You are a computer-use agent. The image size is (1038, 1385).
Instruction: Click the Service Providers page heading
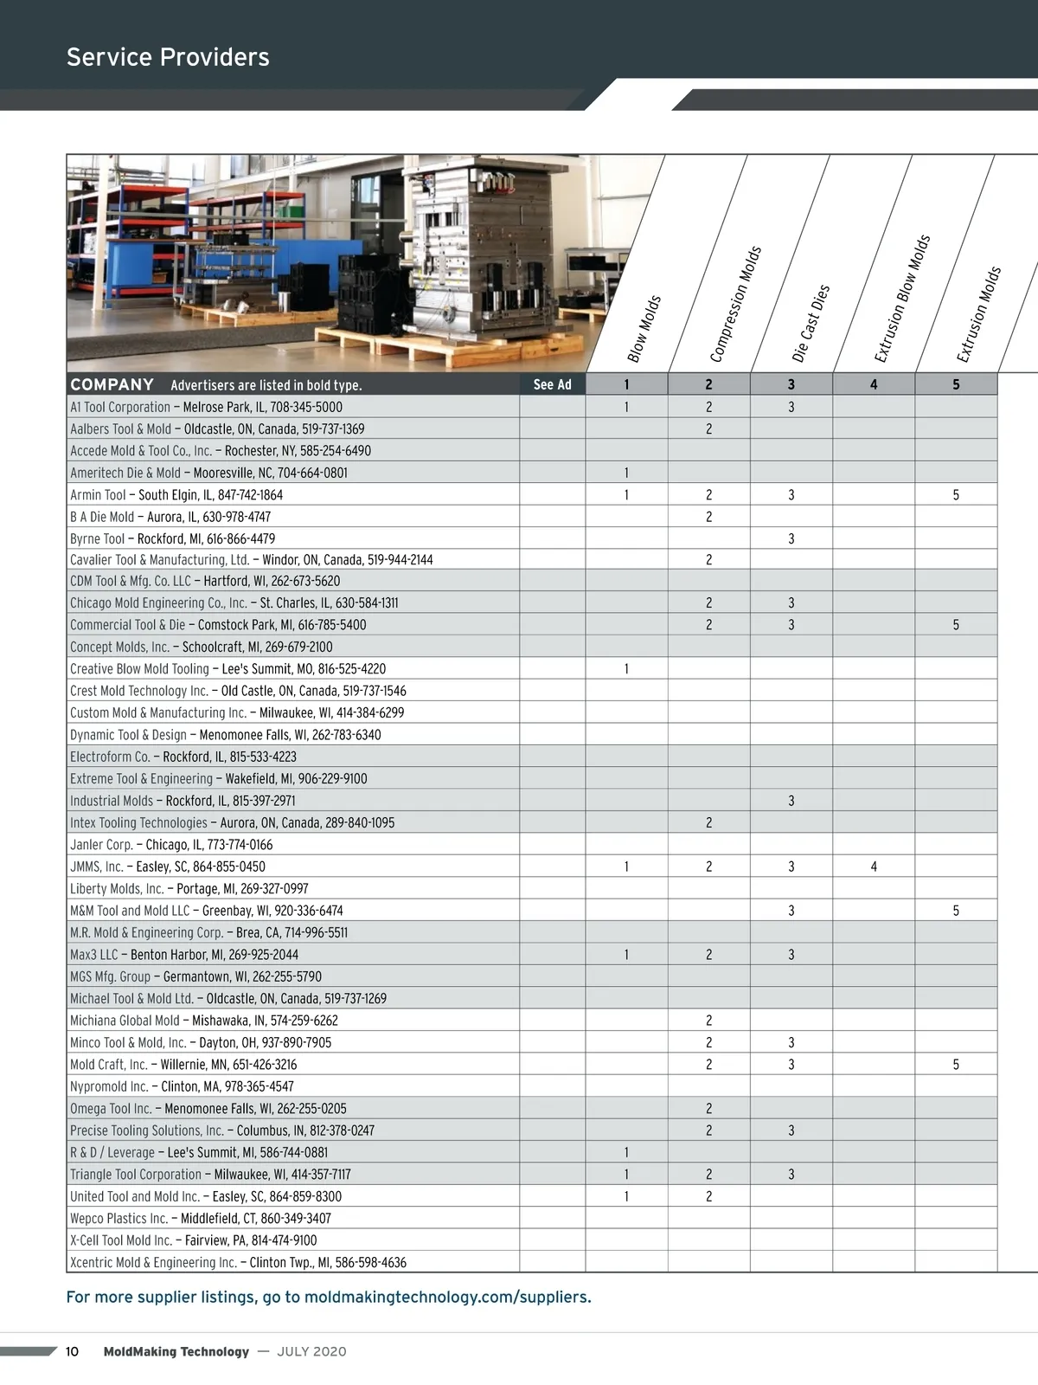pos(168,57)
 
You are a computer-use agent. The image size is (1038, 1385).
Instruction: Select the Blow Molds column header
pos(644,329)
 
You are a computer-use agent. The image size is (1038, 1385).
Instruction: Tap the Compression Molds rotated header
pos(735,305)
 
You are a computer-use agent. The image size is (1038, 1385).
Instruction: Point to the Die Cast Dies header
pos(811,323)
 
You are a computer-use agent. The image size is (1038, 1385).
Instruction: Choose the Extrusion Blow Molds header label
pos(902,298)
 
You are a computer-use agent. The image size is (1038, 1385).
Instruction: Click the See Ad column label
pos(552,384)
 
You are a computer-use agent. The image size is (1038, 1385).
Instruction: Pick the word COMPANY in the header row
pos(112,384)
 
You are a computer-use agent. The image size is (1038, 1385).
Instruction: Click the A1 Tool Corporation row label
pos(120,407)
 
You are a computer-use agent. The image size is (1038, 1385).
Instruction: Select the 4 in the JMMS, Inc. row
pos(874,866)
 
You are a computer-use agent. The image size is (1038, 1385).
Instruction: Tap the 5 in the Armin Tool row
pos(956,495)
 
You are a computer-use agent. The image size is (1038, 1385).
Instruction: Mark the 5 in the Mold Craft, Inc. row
pos(956,1065)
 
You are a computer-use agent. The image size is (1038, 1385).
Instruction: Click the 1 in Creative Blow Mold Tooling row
pos(626,669)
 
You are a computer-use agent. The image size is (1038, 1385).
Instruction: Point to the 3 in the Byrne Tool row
pos(791,538)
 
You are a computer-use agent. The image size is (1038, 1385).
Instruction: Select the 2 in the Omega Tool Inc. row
pos(708,1109)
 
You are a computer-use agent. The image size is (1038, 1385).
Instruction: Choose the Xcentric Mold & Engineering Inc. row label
pos(153,1262)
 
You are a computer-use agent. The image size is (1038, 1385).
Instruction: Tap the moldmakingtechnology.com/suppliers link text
pos(448,1297)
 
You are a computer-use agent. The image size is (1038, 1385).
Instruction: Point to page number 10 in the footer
pos(72,1351)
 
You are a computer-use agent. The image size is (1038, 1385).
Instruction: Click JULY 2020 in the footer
pos(311,1351)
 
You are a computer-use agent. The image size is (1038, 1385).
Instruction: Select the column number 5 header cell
pos(956,384)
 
